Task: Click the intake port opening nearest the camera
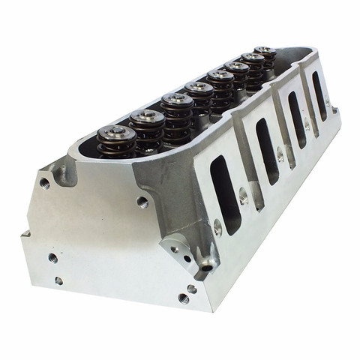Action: (x=224, y=193)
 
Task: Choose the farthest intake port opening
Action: (x=319, y=95)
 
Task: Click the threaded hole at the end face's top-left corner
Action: (x=45, y=183)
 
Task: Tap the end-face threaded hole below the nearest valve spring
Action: (x=142, y=201)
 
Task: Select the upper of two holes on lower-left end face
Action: (x=53, y=257)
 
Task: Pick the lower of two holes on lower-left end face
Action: (x=58, y=280)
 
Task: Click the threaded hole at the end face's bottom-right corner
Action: (x=183, y=298)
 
